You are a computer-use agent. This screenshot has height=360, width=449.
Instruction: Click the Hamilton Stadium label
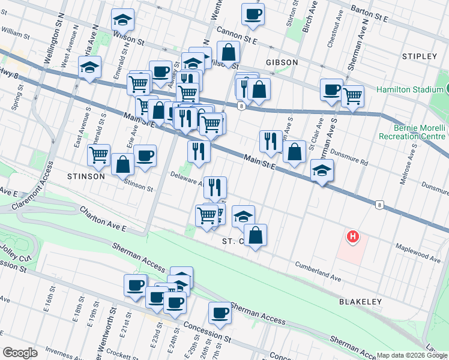pyautogui.click(x=409, y=90)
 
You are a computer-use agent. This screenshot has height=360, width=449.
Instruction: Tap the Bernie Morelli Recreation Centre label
pyautogui.click(x=412, y=132)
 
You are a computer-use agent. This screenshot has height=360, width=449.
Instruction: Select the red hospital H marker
pyautogui.click(x=353, y=237)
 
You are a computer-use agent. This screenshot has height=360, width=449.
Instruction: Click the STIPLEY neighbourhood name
pyautogui.click(x=420, y=56)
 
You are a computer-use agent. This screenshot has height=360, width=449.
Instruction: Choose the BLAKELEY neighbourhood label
pyautogui.click(x=358, y=301)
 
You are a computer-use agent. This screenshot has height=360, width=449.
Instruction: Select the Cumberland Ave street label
pyautogui.click(x=318, y=272)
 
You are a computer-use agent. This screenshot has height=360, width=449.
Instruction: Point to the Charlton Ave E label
pyautogui.click(x=103, y=219)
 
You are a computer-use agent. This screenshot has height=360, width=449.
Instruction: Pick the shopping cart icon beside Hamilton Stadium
pyautogui.click(x=353, y=95)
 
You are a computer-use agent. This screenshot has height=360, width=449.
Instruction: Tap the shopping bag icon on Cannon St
pyautogui.click(x=228, y=53)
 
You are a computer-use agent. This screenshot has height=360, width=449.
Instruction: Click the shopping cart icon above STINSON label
pyautogui.click(x=98, y=155)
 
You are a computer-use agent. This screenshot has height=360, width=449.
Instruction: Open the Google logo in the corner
pyautogui.click(x=20, y=353)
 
